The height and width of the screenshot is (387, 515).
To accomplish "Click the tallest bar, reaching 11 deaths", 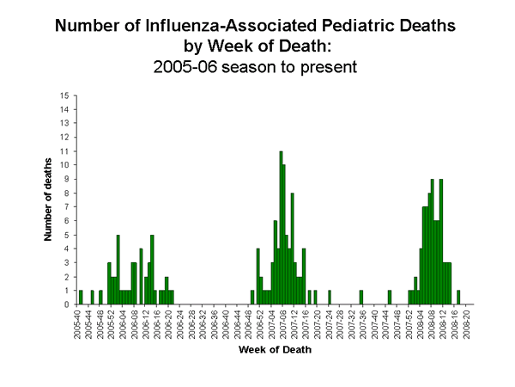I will point(281,228).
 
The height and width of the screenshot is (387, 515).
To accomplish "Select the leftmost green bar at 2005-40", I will point(81,297).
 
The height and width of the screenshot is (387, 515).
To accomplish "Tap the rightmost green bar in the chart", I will point(458,297).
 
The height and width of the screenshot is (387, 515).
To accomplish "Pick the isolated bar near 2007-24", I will point(330,297).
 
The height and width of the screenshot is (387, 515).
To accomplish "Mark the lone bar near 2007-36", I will point(361,297).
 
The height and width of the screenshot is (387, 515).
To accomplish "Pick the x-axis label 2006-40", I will point(226,323).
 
